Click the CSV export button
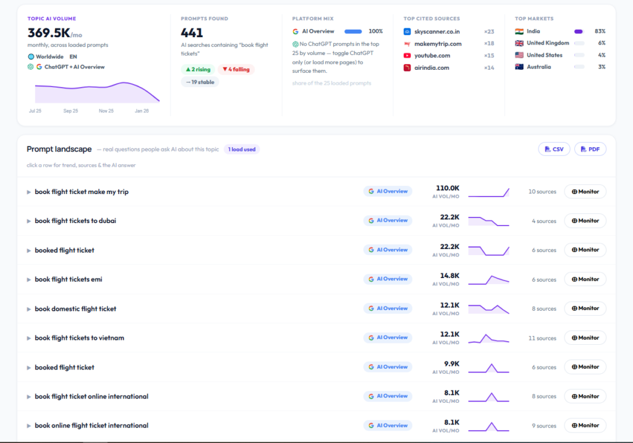[554, 150]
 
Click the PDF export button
[590, 150]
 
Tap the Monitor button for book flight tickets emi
[585, 279]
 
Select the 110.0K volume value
[448, 188]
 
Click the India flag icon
[519, 32]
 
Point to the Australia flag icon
[519, 67]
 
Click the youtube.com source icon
[407, 56]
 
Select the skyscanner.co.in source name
[437, 32]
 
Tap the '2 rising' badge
[198, 69]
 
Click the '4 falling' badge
[236, 69]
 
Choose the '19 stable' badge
[200, 82]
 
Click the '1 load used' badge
[242, 150]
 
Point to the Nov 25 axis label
[106, 111]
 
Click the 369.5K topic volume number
[49, 33]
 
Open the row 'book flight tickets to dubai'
[75, 221]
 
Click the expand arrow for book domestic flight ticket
[28, 309]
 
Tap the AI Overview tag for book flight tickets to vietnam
[388, 338]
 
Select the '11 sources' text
[542, 338]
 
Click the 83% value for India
[600, 31]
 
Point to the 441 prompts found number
[192, 33]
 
